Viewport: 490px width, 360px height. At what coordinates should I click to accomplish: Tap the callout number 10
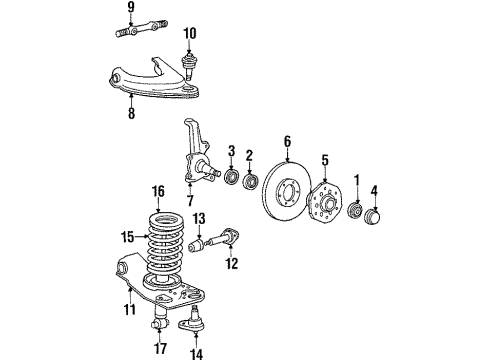[190, 32]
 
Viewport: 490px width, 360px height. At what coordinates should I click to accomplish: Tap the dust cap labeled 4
[376, 219]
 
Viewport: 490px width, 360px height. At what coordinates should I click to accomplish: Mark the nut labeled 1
[356, 212]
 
